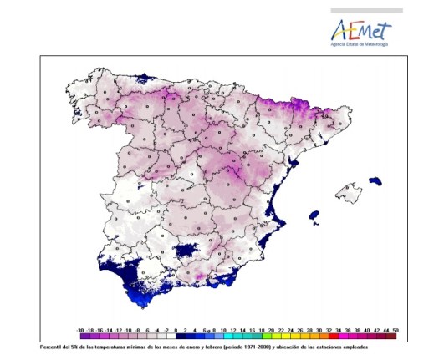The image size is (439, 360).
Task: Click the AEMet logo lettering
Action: [360, 30]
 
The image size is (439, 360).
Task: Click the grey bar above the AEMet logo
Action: [366, 11]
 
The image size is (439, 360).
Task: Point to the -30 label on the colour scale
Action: [79, 330]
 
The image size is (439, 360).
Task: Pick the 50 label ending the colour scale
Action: [394, 330]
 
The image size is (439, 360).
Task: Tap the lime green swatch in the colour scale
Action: [264, 337]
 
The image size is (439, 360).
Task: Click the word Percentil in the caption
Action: [51, 346]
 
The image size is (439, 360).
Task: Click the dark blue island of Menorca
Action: [376, 181]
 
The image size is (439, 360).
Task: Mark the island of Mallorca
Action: [348, 194]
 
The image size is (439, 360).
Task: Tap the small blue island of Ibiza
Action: [315, 216]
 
